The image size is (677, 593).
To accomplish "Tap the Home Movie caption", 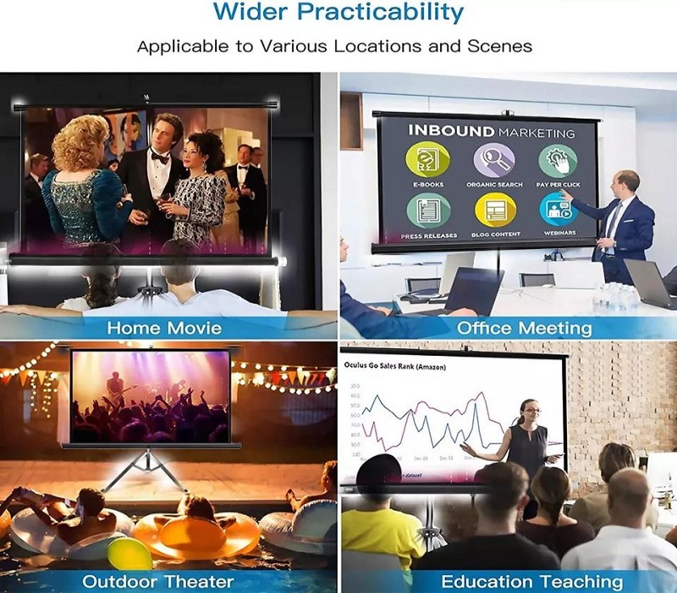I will (164, 327).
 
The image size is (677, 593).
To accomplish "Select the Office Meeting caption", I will (525, 327).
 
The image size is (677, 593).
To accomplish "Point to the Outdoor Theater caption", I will (157, 581).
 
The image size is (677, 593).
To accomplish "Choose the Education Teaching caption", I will (531, 581).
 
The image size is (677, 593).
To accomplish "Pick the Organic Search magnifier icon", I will (493, 159).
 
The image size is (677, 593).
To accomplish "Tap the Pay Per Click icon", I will (558, 159).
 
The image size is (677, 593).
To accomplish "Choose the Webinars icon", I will (558, 210).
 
